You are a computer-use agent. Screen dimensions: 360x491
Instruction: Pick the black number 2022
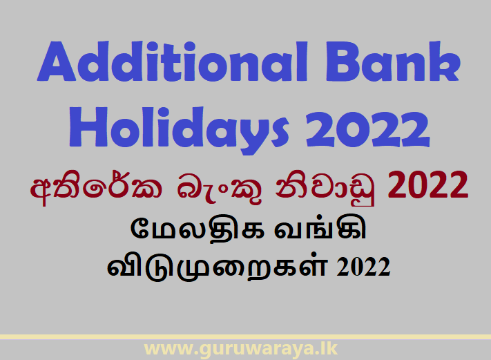[365, 267]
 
